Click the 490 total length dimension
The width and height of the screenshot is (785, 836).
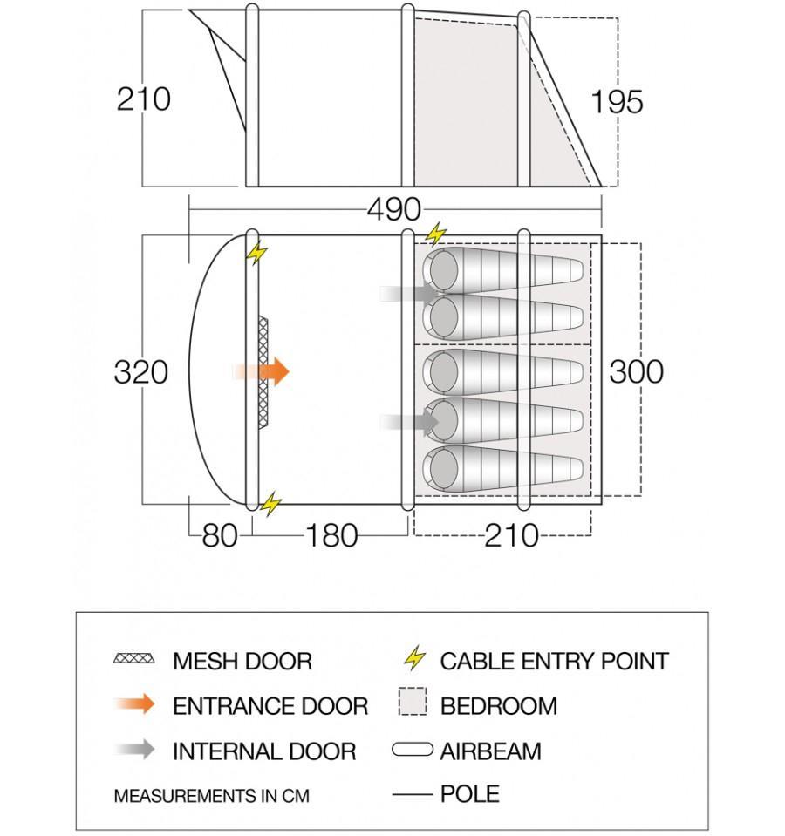point(393,210)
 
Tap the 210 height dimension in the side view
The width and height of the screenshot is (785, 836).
point(144,99)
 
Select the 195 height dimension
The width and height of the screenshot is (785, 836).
point(617,102)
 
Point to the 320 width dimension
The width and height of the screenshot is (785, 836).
point(140,372)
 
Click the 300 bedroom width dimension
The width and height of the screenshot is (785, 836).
point(636,371)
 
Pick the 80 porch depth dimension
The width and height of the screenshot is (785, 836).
point(219,535)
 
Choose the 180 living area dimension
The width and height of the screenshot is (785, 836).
point(331,535)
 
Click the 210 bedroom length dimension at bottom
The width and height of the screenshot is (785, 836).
point(511,535)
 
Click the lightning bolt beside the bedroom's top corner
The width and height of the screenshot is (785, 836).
point(435,234)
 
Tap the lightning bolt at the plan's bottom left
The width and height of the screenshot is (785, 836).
point(271,503)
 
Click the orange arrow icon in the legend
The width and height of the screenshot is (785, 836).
point(134,704)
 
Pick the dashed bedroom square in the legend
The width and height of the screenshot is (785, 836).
point(413,703)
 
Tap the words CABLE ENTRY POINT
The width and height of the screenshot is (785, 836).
point(554,661)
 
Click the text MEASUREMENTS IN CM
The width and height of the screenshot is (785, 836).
point(211,796)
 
